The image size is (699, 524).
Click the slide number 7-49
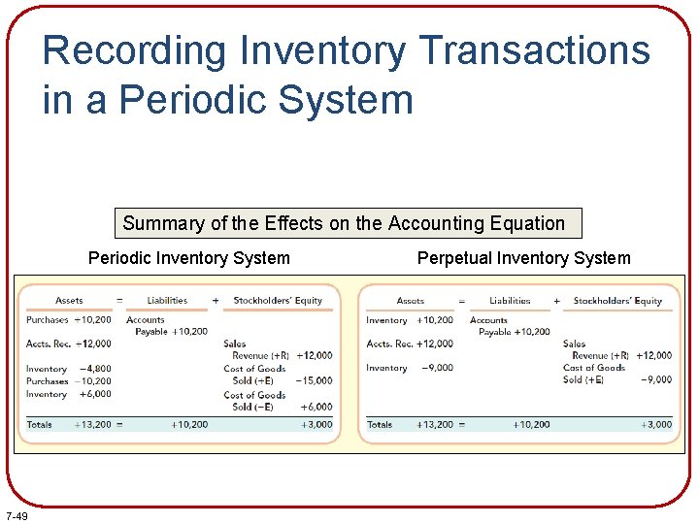[x=16, y=515]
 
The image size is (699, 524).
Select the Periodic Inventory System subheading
[x=188, y=258]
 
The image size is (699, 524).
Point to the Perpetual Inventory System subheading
[x=523, y=258]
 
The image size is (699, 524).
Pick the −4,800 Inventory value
[x=95, y=369]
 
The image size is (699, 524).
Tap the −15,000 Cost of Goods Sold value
[x=315, y=380]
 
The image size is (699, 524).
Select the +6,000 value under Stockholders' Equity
[x=316, y=407]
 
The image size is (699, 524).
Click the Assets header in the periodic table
[x=69, y=301]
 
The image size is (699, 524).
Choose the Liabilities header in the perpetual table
[x=510, y=301]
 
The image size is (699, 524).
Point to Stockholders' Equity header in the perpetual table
[x=617, y=301]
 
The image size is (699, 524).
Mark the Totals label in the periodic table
[x=40, y=424]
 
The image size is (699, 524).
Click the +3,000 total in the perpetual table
[x=656, y=424]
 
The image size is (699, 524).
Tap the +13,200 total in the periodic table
[x=93, y=424]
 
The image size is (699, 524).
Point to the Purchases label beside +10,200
[x=48, y=319]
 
